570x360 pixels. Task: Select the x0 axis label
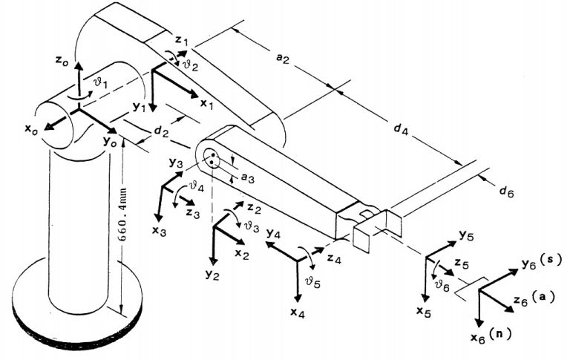(x=30, y=130)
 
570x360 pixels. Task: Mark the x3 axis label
(x=158, y=231)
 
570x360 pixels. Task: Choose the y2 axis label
(x=212, y=276)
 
